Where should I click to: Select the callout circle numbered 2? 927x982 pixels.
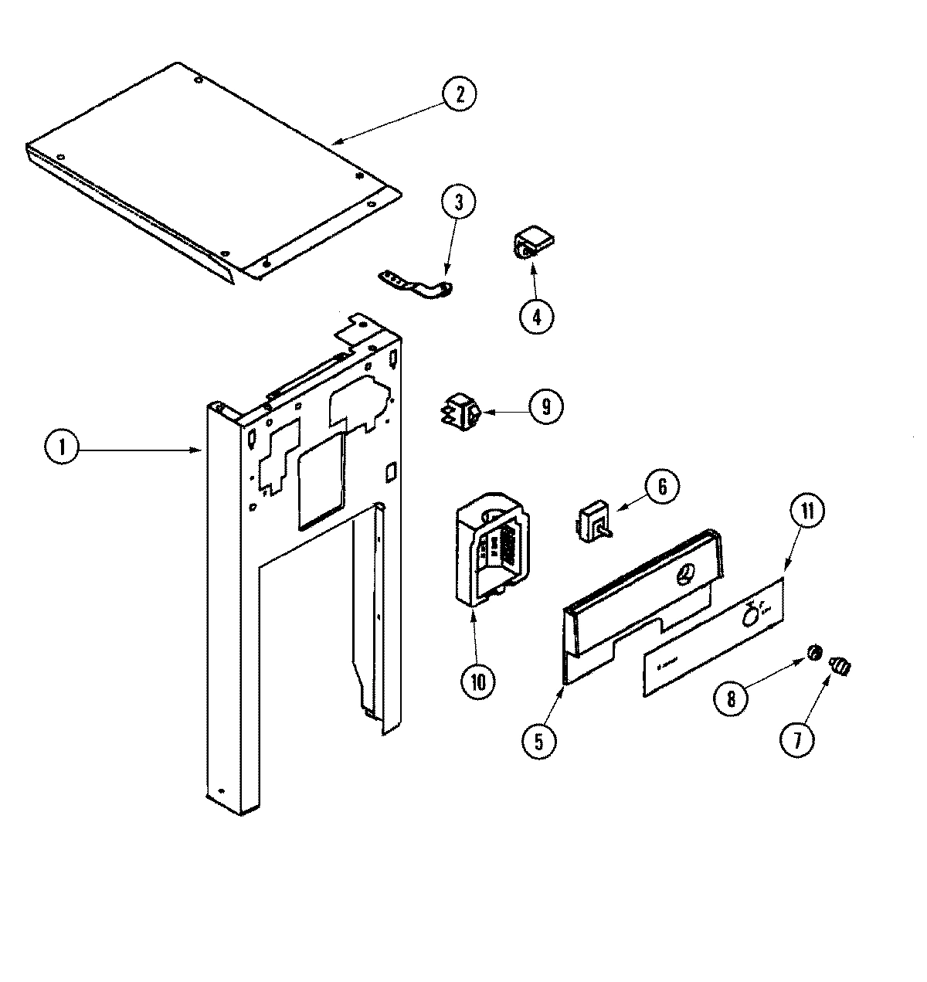pos(460,94)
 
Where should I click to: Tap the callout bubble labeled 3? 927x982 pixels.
pos(458,203)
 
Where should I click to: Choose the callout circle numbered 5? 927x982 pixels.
pos(538,739)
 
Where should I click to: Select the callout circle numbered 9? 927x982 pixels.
pos(545,406)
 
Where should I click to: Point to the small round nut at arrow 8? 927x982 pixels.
pos(814,654)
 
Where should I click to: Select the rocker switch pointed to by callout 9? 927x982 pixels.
pos(460,409)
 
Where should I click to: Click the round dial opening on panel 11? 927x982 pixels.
pos(749,615)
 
